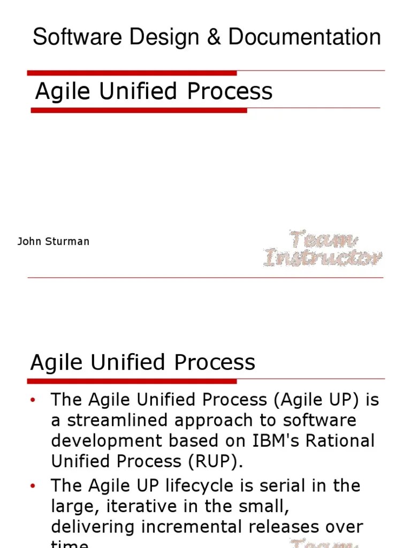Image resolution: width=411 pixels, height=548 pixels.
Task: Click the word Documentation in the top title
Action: click(x=305, y=38)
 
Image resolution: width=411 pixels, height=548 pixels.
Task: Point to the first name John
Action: click(x=29, y=241)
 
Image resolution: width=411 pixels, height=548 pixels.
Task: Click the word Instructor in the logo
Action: click(x=323, y=258)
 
